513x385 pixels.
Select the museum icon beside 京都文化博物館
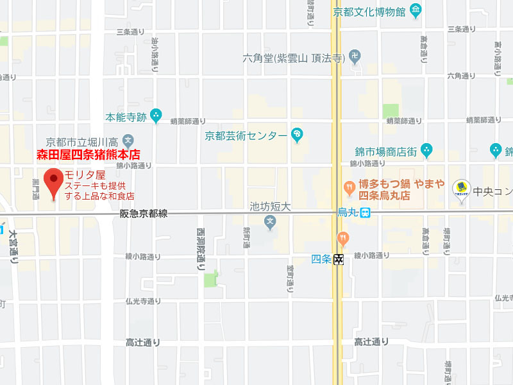(x=416, y=11)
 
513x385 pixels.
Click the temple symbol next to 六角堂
(x=354, y=58)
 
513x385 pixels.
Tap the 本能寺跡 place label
(x=126, y=117)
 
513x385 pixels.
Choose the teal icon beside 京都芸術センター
(x=297, y=135)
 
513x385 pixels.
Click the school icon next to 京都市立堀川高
(x=128, y=141)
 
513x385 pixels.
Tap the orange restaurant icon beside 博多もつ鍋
(x=349, y=187)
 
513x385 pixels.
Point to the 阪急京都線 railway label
(x=144, y=214)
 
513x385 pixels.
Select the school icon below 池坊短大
(x=271, y=222)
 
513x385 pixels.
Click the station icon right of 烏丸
(x=364, y=213)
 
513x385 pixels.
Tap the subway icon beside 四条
(x=339, y=260)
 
